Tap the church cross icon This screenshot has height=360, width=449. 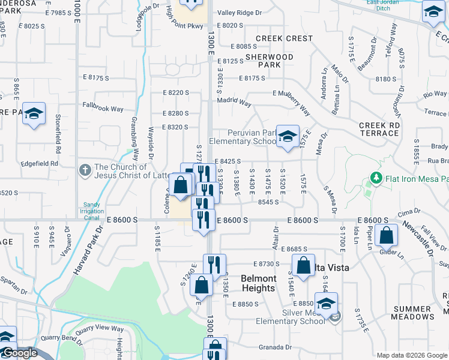[x=85, y=172]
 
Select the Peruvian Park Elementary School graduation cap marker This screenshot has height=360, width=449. [x=288, y=136]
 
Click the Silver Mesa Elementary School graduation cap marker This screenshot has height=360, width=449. [x=326, y=304]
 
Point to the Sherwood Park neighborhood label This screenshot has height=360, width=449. [x=270, y=61]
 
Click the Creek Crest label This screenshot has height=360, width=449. [x=284, y=38]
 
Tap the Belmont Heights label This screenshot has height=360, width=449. [x=259, y=283]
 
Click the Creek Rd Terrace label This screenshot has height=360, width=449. [x=379, y=128]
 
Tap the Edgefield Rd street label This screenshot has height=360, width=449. [x=41, y=163]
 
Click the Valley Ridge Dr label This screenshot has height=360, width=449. [x=240, y=12]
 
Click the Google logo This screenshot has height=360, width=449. [x=19, y=353]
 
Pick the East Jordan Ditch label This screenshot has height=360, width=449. [x=403, y=5]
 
